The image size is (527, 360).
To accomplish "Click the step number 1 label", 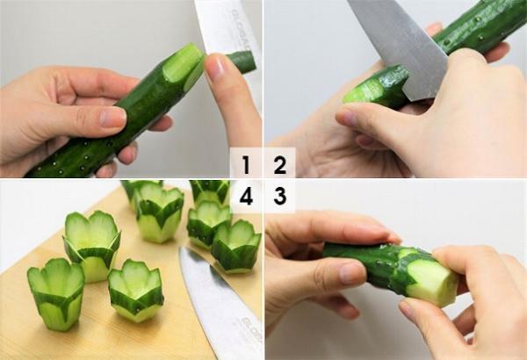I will [246, 163].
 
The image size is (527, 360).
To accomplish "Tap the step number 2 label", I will [279, 163].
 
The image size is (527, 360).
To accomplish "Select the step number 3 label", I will [279, 196].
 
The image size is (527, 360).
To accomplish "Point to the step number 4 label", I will [246, 196].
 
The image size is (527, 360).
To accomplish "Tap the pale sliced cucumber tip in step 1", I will [184, 65].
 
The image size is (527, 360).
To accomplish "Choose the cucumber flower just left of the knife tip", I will [135, 291].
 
